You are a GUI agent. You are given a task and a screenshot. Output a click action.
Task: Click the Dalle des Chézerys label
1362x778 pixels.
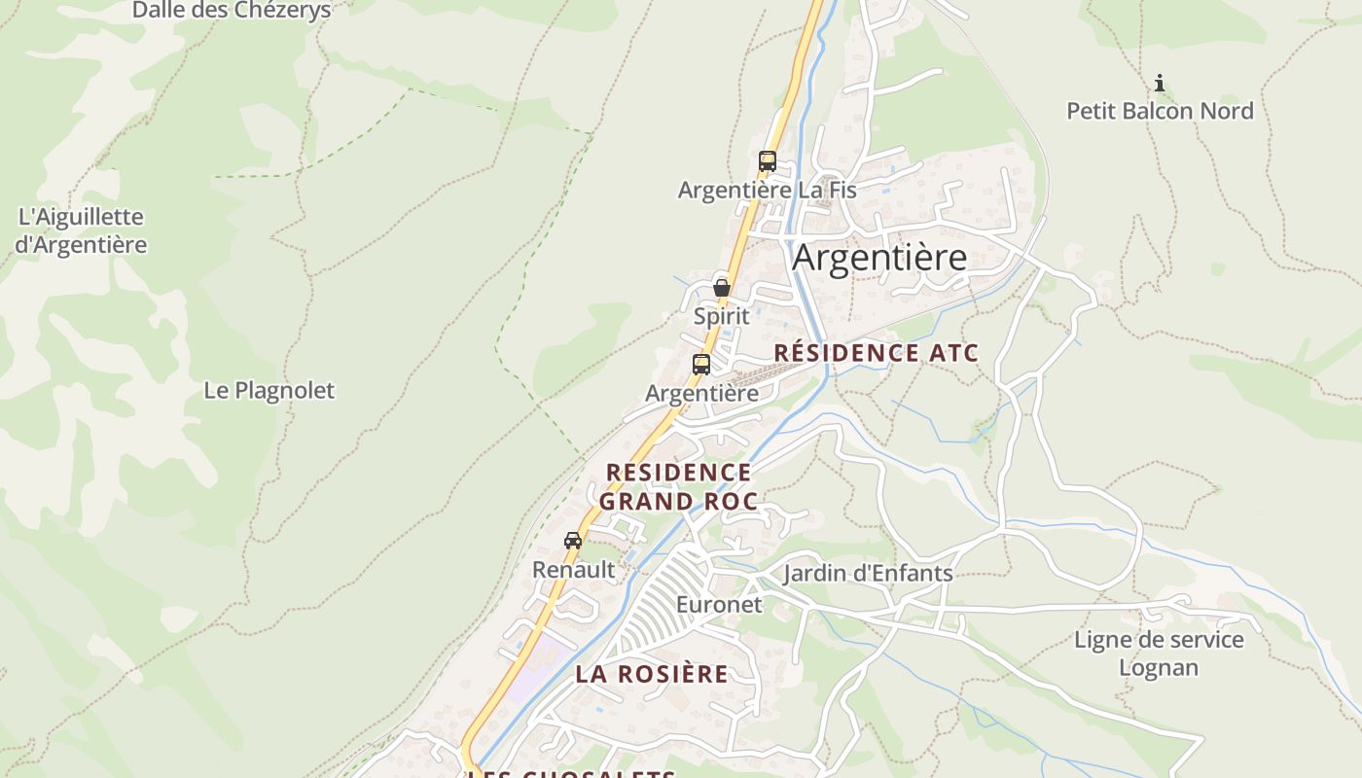click(232, 11)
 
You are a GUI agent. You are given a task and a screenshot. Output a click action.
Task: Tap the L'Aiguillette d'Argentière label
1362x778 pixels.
click(81, 230)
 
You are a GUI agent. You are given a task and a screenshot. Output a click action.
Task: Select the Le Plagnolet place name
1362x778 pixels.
click(269, 390)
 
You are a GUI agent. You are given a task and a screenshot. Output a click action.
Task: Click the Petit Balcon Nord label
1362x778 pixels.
click(1160, 111)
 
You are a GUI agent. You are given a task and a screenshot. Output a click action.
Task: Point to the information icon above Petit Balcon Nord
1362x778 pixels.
click(1159, 84)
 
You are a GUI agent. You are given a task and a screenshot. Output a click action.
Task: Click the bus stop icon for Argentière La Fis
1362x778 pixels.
click(768, 161)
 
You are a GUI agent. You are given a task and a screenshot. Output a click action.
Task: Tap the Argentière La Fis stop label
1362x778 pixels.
click(767, 190)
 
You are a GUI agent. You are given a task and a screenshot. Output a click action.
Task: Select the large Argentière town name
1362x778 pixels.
click(879, 258)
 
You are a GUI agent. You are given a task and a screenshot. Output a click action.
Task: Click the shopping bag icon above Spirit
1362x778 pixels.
click(721, 288)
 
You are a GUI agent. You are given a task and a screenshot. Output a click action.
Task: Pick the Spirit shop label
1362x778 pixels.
click(721, 316)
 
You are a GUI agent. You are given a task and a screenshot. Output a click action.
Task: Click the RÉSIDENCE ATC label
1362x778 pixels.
click(876, 353)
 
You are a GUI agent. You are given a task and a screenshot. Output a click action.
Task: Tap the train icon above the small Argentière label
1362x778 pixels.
click(700, 365)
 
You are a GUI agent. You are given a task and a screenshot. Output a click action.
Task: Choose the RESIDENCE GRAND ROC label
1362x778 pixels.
click(678, 486)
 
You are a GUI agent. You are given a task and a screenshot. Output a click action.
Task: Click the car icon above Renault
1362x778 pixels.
click(573, 541)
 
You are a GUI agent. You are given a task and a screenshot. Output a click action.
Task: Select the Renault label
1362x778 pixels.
click(573, 570)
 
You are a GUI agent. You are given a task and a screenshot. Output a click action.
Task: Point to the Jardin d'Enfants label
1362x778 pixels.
click(868, 573)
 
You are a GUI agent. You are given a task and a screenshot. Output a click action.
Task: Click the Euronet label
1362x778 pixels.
click(719, 604)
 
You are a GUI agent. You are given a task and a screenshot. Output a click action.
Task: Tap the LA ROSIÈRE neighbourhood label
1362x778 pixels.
click(651, 673)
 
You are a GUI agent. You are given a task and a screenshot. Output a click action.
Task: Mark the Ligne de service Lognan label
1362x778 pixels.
click(1159, 654)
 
